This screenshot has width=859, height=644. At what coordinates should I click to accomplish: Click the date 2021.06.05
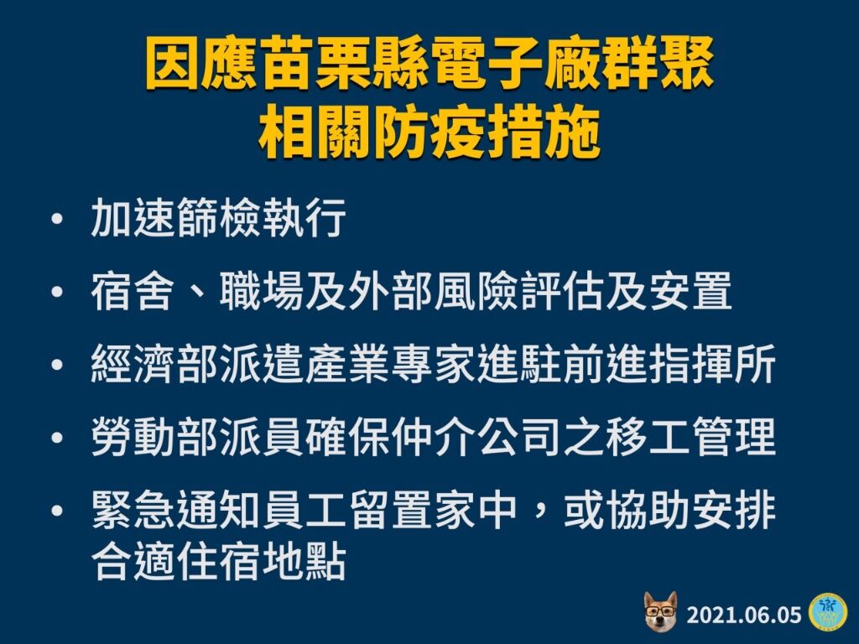743,615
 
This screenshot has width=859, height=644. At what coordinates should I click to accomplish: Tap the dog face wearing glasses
661,610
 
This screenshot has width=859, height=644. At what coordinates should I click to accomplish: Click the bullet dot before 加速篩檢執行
56,220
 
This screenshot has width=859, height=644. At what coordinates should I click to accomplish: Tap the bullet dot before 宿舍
56,292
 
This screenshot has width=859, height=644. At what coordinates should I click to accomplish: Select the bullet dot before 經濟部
56,365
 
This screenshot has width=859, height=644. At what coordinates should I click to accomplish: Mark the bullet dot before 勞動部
56,438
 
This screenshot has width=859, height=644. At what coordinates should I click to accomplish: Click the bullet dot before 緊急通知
56,511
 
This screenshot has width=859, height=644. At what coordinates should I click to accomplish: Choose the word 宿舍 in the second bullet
133,290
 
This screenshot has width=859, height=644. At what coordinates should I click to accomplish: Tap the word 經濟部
155,363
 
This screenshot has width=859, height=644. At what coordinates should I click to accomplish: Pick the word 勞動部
155,436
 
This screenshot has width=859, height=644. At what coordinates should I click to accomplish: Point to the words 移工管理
690,436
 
